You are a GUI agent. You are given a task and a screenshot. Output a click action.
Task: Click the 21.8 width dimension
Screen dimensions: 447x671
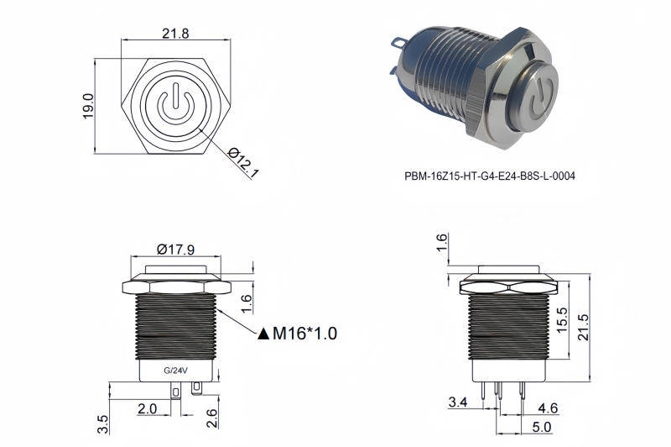[x=174, y=34]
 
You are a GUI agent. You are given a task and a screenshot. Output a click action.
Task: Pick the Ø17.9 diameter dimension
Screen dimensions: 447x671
[x=176, y=249]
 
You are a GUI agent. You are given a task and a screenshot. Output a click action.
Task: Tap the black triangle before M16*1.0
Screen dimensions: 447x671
[x=263, y=334]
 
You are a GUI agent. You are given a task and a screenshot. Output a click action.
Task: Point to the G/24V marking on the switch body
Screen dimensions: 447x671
[x=176, y=370]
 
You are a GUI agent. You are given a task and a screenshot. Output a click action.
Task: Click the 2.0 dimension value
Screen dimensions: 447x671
[x=148, y=408]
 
